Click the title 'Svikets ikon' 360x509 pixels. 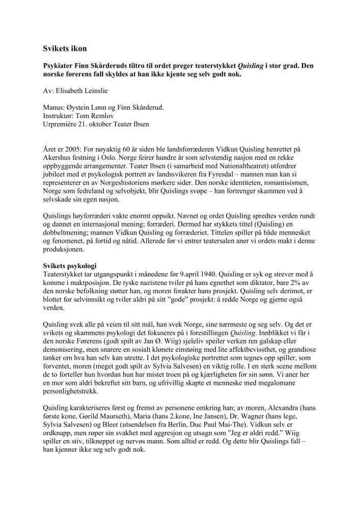click(x=65, y=49)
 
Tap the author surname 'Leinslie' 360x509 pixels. click(x=106, y=92)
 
